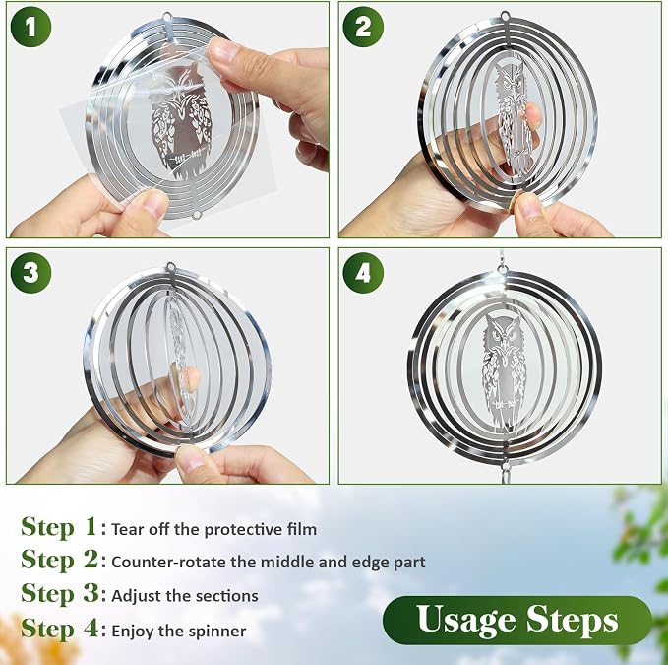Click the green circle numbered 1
coord(30,27)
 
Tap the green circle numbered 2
coord(363,27)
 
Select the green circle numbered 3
coord(30,273)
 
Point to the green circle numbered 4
coord(363,273)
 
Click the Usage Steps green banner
coord(517,620)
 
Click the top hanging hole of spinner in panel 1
coord(167,17)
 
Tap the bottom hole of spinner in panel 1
coord(197,215)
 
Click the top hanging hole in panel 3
coord(171,267)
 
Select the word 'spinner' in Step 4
coord(222,632)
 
